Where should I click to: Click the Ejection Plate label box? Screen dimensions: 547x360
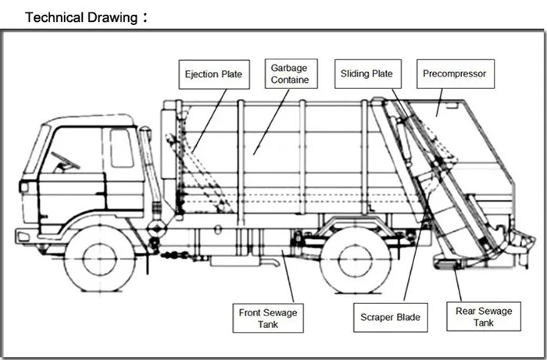(x=214, y=74)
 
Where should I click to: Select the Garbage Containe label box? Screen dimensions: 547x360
(x=291, y=73)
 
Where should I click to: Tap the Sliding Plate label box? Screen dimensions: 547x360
(x=368, y=74)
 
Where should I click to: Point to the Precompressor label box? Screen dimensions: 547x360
(x=456, y=73)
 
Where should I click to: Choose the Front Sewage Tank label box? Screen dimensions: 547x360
(x=268, y=318)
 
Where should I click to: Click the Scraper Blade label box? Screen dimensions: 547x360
(x=391, y=317)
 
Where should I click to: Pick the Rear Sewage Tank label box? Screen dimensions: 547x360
(x=484, y=316)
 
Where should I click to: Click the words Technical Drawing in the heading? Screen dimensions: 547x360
(x=81, y=17)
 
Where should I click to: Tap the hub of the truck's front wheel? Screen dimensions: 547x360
(x=100, y=259)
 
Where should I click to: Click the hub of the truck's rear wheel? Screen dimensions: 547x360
(x=355, y=261)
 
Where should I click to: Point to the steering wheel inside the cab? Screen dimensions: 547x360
(x=65, y=162)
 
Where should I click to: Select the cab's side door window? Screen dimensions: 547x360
(x=122, y=148)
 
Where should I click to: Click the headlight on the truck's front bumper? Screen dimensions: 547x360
(x=23, y=237)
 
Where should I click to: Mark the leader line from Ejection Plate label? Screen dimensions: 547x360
(x=209, y=121)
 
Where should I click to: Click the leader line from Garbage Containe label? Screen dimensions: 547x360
(x=271, y=122)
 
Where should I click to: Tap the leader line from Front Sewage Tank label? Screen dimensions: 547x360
(x=288, y=276)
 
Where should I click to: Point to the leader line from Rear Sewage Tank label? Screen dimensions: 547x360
(x=457, y=284)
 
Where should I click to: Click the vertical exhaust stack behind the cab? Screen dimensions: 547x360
(x=151, y=174)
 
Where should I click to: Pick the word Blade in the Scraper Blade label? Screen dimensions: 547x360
(x=408, y=317)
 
